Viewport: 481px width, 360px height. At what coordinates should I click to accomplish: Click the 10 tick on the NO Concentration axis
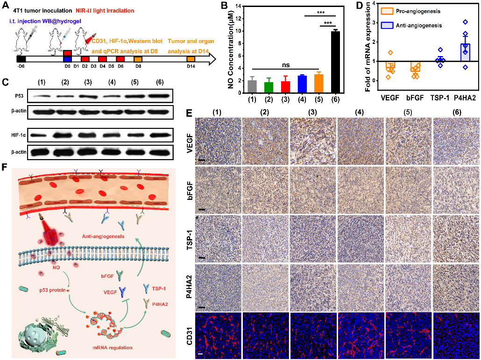click(x=245, y=31)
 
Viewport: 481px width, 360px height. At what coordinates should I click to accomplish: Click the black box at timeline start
click(x=21, y=59)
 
